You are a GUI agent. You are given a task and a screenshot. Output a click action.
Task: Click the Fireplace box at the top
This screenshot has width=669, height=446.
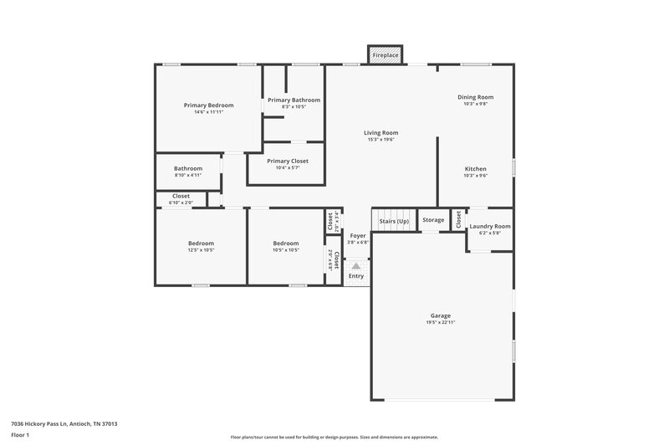pos(386,54)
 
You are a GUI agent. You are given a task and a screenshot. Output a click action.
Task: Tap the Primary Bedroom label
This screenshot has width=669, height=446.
pos(208,105)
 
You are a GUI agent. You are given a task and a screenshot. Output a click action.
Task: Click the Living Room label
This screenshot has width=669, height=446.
pos(380,132)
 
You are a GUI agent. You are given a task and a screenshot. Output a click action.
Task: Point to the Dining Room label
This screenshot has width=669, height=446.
pos(475,97)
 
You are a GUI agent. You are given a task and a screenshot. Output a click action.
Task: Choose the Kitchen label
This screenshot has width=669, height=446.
pos(475,169)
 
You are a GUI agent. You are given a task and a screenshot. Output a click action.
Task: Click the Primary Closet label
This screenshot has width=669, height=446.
pos(287,161)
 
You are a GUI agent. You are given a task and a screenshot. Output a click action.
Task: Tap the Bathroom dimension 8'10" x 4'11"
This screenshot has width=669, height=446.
pos(188,175)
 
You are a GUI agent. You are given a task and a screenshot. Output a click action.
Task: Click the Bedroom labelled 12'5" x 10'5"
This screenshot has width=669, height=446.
pos(201,244)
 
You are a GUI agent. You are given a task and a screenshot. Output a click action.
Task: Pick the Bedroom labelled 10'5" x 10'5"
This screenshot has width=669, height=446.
pos(285,244)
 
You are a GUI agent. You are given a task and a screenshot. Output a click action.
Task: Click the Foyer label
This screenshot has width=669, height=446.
pos(358,236)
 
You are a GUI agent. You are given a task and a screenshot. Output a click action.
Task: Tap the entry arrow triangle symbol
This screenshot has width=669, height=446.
pos(356,266)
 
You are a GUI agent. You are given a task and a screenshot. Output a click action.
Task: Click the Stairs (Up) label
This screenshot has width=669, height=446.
pos(393,220)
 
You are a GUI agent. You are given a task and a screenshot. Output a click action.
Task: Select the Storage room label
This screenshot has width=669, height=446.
pos(433,220)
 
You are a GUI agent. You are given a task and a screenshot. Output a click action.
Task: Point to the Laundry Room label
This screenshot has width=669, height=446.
pos(489,226)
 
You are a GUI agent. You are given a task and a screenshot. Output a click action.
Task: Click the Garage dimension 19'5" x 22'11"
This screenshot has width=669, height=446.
pos(441,322)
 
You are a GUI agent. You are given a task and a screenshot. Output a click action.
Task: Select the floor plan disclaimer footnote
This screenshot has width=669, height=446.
pos(334,437)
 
